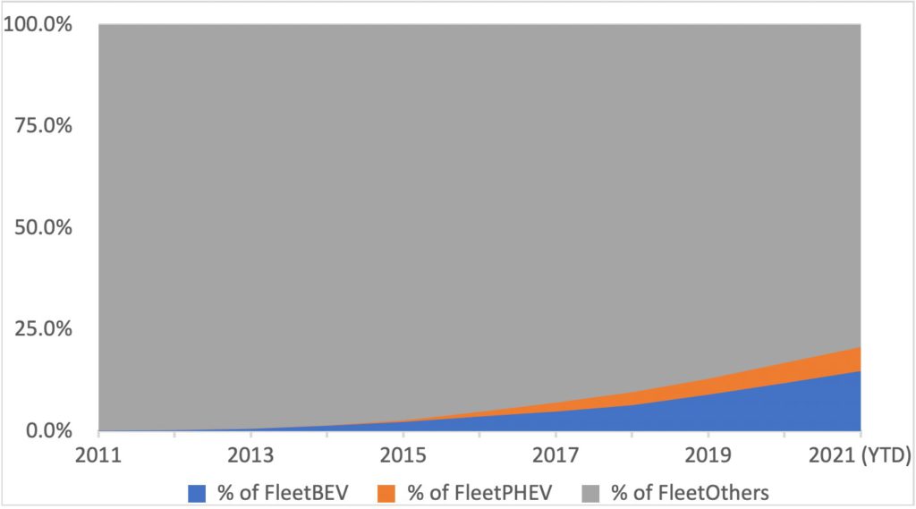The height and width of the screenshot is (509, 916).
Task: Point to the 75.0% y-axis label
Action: [x=43, y=125]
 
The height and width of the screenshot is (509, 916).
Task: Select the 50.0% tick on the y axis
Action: [x=43, y=227]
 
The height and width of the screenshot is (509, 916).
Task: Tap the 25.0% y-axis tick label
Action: [x=43, y=329]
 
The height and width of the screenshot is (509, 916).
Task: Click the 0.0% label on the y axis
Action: [x=48, y=430]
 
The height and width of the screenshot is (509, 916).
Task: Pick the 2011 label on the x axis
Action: [x=98, y=454]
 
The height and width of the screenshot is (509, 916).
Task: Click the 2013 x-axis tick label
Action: [x=251, y=454]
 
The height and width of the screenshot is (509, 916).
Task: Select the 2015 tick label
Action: [x=403, y=454]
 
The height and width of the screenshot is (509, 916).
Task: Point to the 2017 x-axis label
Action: [x=556, y=454]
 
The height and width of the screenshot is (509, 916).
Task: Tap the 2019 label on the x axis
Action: [x=708, y=454]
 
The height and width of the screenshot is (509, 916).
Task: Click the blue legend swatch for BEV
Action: [x=197, y=491]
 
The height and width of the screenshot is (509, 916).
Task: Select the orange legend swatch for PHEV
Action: [x=386, y=491]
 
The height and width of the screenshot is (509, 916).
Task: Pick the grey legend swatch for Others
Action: [x=590, y=491]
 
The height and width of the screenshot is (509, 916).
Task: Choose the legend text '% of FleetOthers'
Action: [x=691, y=491]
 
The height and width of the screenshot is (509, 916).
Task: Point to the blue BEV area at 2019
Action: [x=708, y=413]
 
